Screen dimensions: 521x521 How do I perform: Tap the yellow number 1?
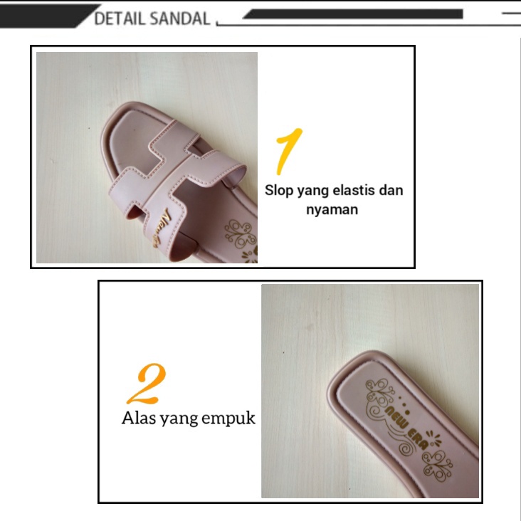[288, 151]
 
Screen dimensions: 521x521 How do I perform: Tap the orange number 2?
[147, 384]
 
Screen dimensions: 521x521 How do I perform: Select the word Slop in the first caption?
[278, 191]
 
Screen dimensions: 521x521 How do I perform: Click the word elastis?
[347, 191]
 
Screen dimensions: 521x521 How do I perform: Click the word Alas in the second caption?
[137, 419]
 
